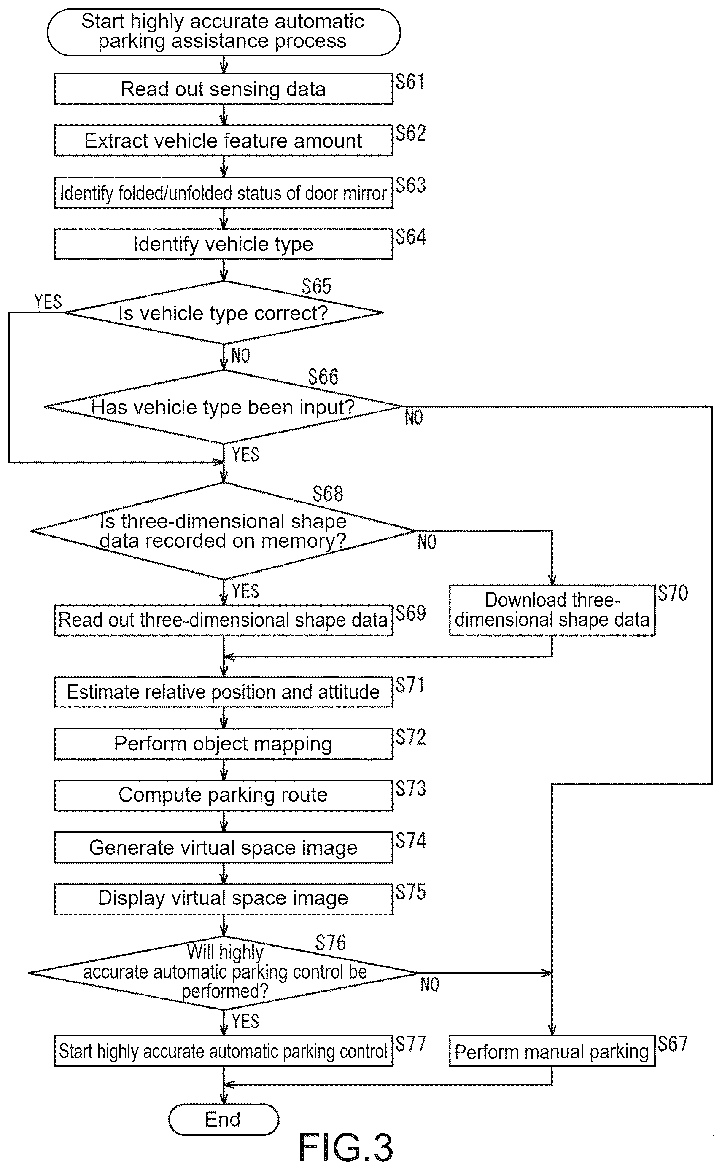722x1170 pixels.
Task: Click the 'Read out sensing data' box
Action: (224, 89)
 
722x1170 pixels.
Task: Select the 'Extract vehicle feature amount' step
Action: (224, 141)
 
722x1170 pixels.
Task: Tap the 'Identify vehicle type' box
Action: (224, 244)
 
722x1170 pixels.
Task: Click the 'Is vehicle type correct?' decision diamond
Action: (224, 313)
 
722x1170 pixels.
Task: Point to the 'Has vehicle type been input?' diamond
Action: (224, 407)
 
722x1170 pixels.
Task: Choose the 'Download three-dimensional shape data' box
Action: (552, 610)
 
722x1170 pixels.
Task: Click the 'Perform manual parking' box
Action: (552, 1051)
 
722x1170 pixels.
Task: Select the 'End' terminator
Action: (224, 1119)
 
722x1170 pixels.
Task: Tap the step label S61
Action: (409, 82)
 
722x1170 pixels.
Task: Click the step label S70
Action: (673, 593)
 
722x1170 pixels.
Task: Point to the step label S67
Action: (673, 1044)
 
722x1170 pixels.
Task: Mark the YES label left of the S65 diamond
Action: (48, 302)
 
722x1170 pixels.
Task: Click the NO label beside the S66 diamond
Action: (414, 418)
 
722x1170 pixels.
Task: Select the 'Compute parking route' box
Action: (224, 795)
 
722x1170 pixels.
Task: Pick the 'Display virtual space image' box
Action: (224, 899)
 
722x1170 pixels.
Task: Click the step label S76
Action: (331, 943)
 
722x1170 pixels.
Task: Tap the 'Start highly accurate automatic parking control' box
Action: (224, 1051)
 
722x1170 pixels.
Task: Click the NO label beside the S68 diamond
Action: (427, 542)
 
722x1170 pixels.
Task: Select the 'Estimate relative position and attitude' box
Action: (224, 692)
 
